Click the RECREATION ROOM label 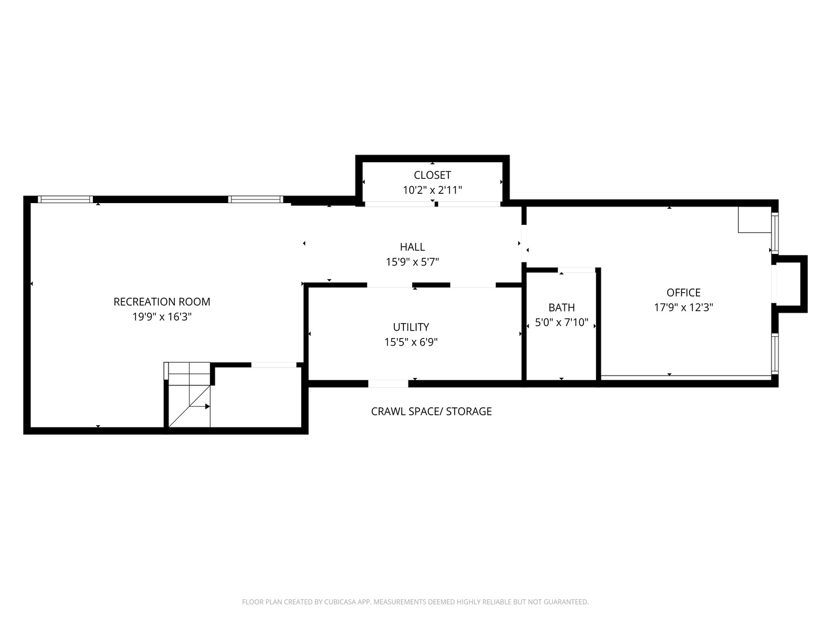tap(162, 302)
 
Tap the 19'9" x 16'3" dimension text tap(162, 317)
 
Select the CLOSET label tap(432, 175)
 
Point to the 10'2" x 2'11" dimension tap(432, 190)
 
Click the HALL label tap(412, 247)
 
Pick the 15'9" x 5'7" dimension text tap(412, 262)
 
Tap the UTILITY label tap(411, 327)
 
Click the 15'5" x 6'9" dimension tap(411, 342)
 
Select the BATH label tap(562, 307)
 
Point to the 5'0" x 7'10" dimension tap(562, 322)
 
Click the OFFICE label tap(683, 292)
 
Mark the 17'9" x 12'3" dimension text tap(683, 307)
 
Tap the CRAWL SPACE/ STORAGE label tap(431, 411)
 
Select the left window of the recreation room tap(65, 200)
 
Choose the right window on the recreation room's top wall tap(256, 200)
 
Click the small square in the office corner tap(754, 219)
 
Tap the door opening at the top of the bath tap(577, 270)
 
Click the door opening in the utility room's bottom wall tap(388, 384)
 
